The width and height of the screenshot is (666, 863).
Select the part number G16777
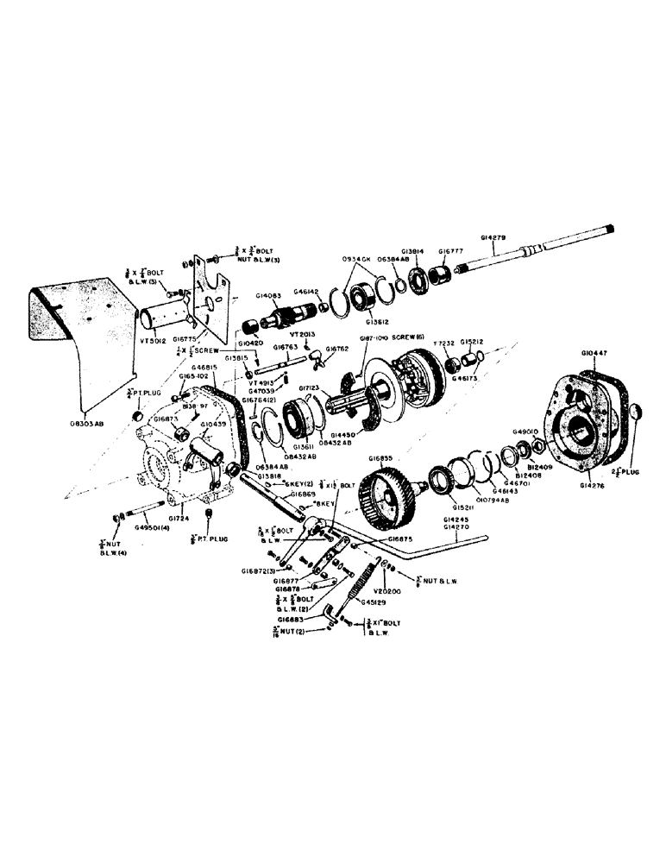pyautogui.click(x=451, y=250)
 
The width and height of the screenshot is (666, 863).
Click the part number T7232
pyautogui.click(x=445, y=342)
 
